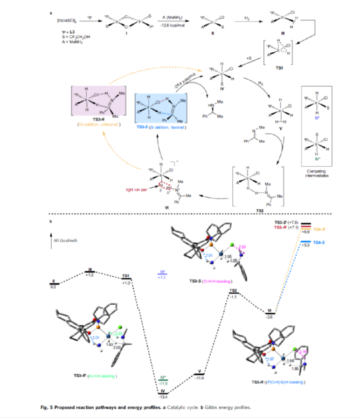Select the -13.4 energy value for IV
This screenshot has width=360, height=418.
(x=163, y=397)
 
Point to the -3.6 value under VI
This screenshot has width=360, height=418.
(x=269, y=317)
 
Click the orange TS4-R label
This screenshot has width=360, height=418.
(x=319, y=230)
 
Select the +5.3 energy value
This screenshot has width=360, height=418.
(x=306, y=245)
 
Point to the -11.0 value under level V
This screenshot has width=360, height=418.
(x=200, y=377)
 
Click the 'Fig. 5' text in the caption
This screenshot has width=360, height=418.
(x=47, y=408)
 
